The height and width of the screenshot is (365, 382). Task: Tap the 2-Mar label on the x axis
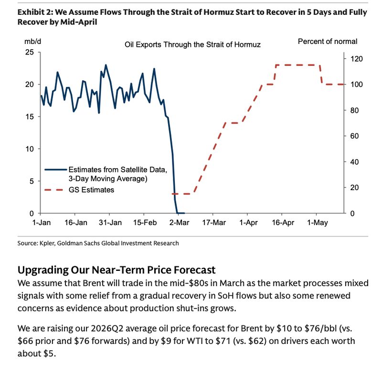tap(179, 223)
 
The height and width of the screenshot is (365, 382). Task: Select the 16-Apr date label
tap(283, 223)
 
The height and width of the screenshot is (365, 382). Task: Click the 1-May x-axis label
tap(318, 223)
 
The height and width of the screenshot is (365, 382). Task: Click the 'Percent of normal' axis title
tap(327, 42)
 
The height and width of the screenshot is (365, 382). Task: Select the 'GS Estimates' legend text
tap(91, 190)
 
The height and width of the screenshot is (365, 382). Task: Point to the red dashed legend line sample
tap(55, 190)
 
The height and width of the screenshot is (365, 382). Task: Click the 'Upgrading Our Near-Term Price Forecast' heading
tap(116, 270)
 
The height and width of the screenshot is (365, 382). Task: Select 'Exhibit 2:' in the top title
tap(34, 12)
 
